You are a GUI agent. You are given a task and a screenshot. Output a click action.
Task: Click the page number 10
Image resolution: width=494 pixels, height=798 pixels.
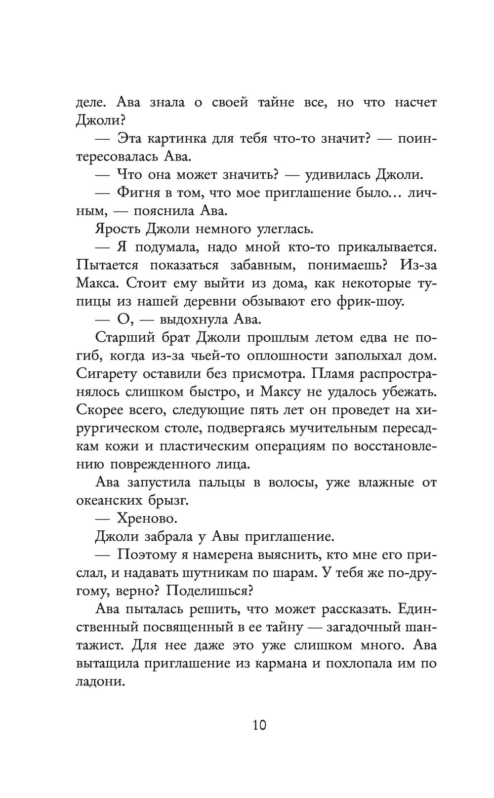tap(259, 725)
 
